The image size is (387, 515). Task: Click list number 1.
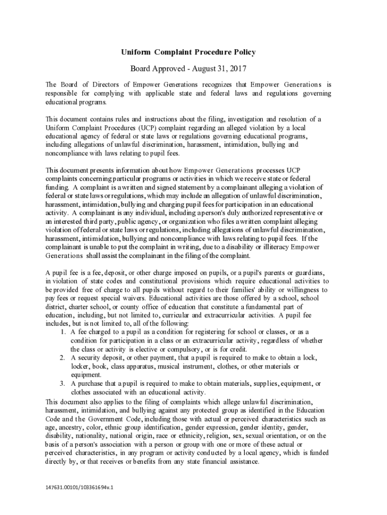pyautogui.click(x=62, y=332)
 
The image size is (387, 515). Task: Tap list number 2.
pyautogui.click(x=62, y=358)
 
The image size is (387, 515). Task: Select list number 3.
pyautogui.click(x=62, y=383)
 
